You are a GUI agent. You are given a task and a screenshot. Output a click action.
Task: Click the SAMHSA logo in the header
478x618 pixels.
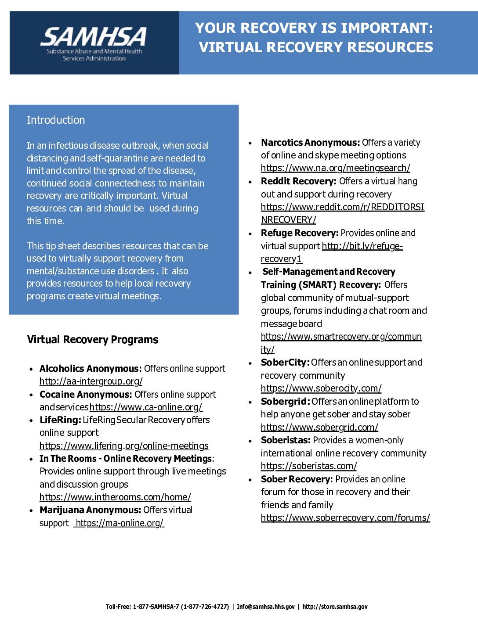pyautogui.click(x=94, y=43)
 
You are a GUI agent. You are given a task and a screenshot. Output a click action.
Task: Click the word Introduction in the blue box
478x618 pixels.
pyautogui.click(x=56, y=120)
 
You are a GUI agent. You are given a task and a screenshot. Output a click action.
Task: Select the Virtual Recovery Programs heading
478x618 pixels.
pyautogui.click(x=92, y=340)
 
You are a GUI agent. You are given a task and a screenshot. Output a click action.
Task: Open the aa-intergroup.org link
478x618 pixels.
pyautogui.click(x=91, y=381)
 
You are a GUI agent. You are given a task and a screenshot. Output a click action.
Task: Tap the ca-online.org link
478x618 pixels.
pyautogui.click(x=146, y=407)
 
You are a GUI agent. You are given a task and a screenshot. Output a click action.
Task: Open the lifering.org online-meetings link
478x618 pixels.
pyautogui.click(x=124, y=446)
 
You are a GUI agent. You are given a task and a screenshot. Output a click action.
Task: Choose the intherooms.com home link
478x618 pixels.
pyautogui.click(x=115, y=497)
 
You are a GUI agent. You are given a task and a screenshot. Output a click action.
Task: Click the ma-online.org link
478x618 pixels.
pyautogui.click(x=119, y=523)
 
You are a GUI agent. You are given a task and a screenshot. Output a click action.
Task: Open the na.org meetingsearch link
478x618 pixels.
pyautogui.click(x=336, y=168)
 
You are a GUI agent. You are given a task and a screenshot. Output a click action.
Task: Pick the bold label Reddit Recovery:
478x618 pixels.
pyautogui.click(x=299, y=181)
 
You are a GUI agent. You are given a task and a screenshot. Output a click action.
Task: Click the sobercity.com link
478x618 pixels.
pyautogui.click(x=321, y=388)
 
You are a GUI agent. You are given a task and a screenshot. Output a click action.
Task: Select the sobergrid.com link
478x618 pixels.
pyautogui.click(x=319, y=428)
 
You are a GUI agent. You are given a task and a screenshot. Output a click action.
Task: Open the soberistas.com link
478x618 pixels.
pyautogui.click(x=309, y=466)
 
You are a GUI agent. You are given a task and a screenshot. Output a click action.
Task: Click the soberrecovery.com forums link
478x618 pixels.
pyautogui.click(x=345, y=518)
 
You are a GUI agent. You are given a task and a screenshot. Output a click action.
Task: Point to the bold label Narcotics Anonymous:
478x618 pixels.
pyautogui.click(x=311, y=143)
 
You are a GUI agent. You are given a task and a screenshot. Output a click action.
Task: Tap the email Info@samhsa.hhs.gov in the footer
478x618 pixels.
pyautogui.click(x=266, y=607)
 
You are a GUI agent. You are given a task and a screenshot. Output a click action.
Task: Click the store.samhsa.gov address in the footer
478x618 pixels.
pyautogui.click(x=335, y=607)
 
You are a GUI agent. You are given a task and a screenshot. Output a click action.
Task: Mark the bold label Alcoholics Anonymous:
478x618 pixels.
pyautogui.click(x=91, y=369)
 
